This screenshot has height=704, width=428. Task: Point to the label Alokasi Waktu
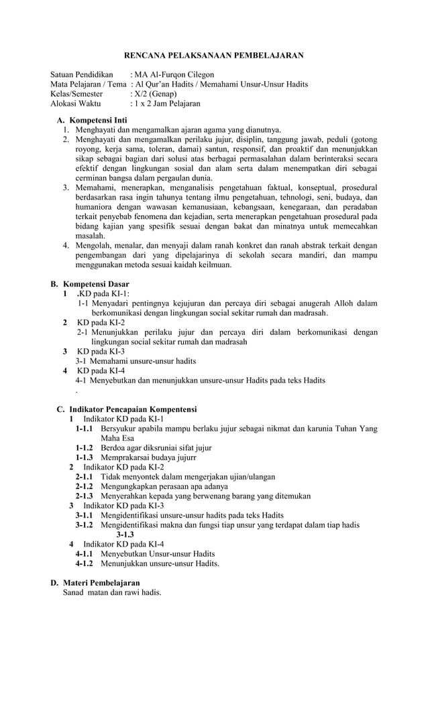pyautogui.click(x=76, y=104)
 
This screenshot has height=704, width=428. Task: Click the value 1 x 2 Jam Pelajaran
pyautogui.click(x=167, y=104)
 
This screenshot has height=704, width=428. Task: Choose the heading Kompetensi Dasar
pyautogui.click(x=103, y=284)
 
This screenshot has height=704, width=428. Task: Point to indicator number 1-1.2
pyautogui.click(x=84, y=447)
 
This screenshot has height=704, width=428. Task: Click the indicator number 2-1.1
pyautogui.click(x=84, y=477)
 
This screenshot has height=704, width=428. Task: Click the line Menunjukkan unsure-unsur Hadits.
pyautogui.click(x=160, y=564)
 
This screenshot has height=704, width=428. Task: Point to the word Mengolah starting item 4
pyautogui.click(x=94, y=246)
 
